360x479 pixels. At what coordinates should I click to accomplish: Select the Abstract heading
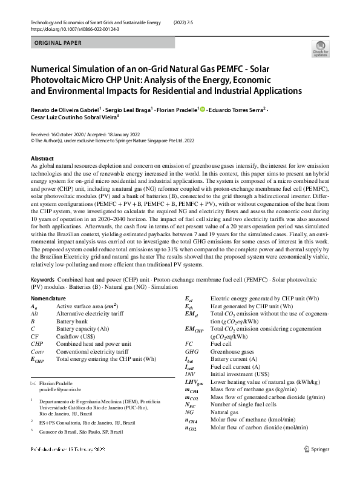(x=42, y=157)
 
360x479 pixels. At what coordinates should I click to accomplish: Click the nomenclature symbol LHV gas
(x=193, y=382)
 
